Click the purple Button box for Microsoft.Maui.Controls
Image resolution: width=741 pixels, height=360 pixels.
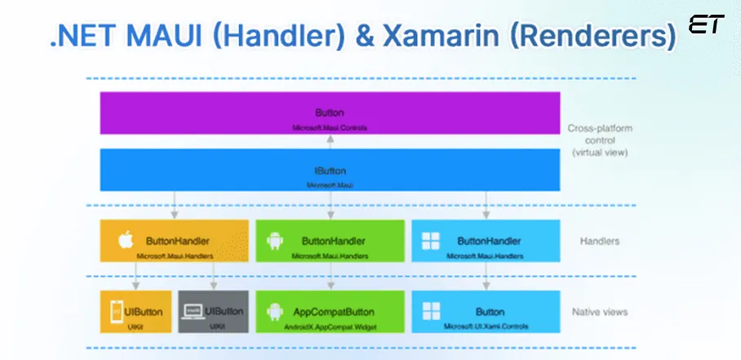point(330,113)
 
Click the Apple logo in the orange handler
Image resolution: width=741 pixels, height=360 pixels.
point(126,242)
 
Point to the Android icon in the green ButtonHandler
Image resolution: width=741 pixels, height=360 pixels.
point(275,242)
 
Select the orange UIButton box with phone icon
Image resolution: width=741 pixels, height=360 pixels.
point(135,311)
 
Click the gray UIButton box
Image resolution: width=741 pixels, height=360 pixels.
point(213,311)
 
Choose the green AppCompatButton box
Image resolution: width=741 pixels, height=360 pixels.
point(330,311)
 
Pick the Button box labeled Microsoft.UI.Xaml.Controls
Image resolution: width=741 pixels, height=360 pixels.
point(486,311)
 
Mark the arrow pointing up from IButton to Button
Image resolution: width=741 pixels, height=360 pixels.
point(330,140)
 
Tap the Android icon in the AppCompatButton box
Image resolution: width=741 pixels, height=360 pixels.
point(275,311)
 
